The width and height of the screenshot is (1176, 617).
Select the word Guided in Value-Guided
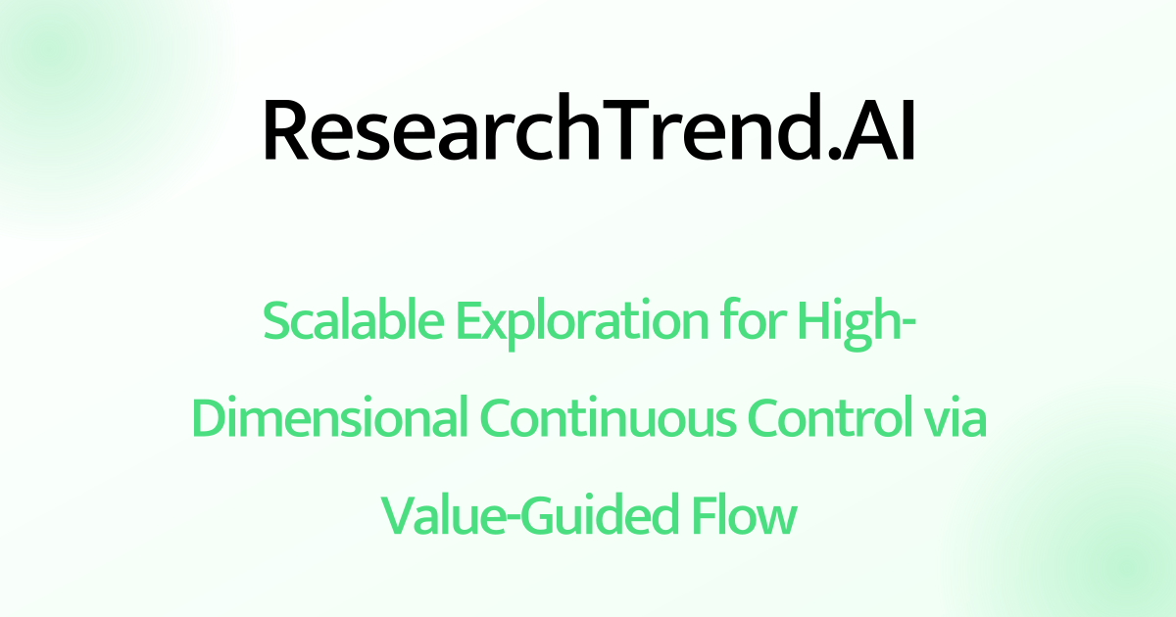597,515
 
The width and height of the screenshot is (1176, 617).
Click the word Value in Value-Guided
437,515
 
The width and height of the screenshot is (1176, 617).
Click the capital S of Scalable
276,322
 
